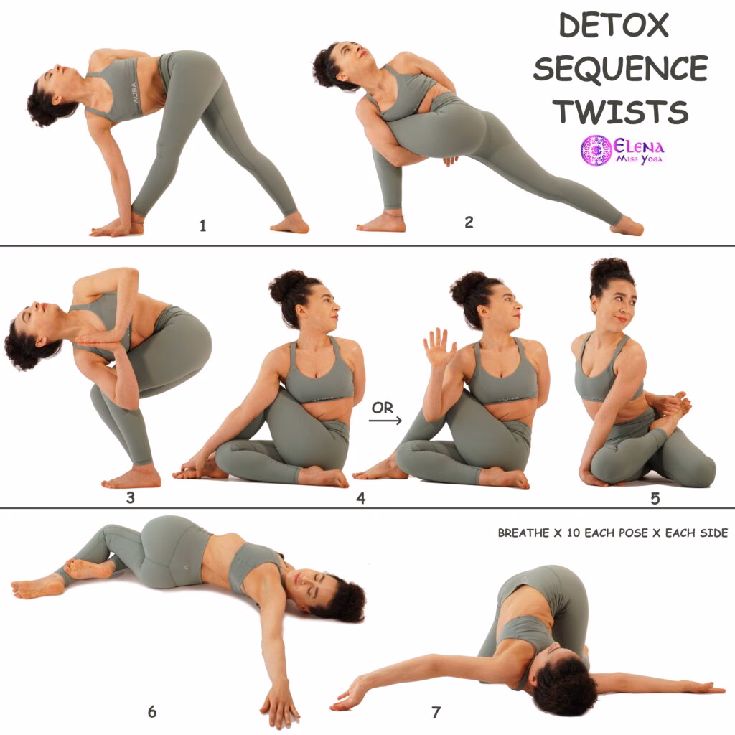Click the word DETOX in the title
pos(614,26)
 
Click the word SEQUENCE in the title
pos(620,69)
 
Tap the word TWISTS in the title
pos(621,112)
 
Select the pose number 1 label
pos(203,226)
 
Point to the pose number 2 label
pos(469,223)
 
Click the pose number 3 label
pos(131,497)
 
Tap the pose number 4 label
pos(361,497)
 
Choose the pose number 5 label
pos(655,497)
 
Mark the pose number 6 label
pos(152,712)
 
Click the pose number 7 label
pos(436,712)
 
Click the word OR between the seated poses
pos(383,408)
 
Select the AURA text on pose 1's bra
pos(134,90)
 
